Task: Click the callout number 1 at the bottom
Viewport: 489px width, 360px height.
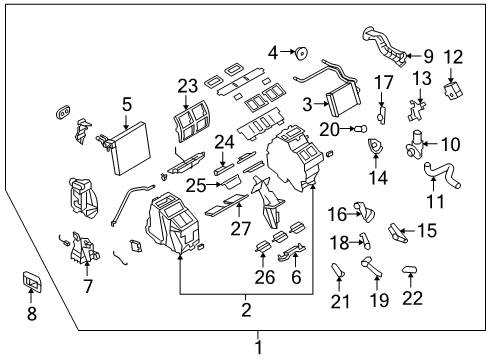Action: [257, 347]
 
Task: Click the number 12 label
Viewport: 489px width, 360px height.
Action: [453, 57]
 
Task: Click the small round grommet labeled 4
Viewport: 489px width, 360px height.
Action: [299, 51]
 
